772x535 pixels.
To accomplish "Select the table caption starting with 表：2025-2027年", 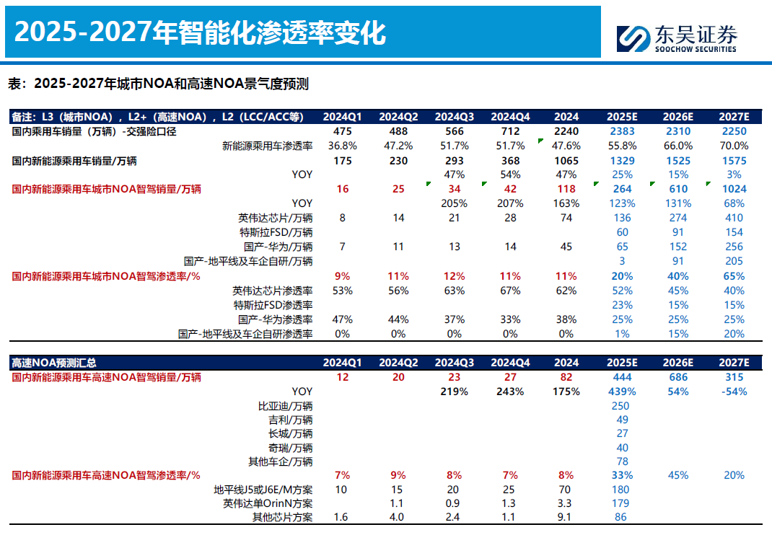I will pyautogui.click(x=158, y=84).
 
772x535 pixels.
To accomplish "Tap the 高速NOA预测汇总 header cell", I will pyautogui.click(x=54, y=363).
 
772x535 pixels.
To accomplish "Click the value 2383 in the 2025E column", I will pyautogui.click(x=622, y=131).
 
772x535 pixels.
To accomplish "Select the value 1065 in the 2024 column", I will pyautogui.click(x=566, y=160).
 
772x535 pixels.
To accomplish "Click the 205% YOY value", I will pyautogui.click(x=455, y=203).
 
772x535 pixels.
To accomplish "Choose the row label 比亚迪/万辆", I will pyautogui.click(x=285, y=405).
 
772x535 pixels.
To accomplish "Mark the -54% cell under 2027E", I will pyautogui.click(x=734, y=392).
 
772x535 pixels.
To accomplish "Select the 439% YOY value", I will pyautogui.click(x=622, y=392).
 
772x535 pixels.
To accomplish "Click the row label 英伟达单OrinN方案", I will pyautogui.click(x=268, y=503).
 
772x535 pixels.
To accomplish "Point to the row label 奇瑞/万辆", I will pyautogui.click(x=289, y=447).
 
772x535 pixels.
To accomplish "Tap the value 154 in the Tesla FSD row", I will pyautogui.click(x=734, y=232).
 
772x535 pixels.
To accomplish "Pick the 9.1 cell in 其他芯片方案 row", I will pyautogui.click(x=566, y=517).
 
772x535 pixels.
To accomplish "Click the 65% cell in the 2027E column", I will pyautogui.click(x=734, y=276).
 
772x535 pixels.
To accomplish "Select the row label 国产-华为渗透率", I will pyautogui.click(x=275, y=319).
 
